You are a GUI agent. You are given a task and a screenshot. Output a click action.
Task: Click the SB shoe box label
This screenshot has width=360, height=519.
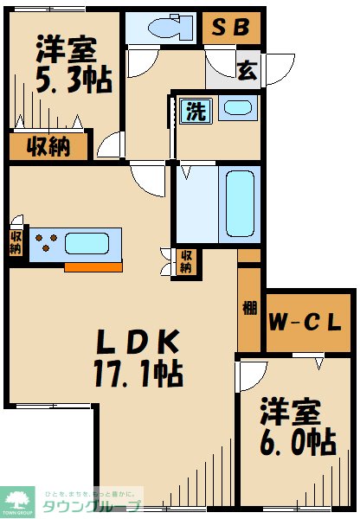coord(231,28)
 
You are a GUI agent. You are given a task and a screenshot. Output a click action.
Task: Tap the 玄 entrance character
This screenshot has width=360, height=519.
coord(246,68)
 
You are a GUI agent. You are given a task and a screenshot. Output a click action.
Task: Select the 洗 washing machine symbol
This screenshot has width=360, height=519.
coord(193,110)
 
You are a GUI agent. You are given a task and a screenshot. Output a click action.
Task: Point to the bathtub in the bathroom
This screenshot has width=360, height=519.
coord(239,205)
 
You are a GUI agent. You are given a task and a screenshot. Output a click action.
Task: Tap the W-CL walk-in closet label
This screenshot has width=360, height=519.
coord(308,322)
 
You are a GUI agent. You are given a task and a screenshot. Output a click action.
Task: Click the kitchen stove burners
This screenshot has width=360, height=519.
coord(47,245)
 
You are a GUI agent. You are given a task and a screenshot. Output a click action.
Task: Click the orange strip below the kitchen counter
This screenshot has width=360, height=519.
coord(93,266)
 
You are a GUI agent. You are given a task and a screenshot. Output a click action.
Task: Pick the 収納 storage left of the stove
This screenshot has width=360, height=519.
coord(16,241)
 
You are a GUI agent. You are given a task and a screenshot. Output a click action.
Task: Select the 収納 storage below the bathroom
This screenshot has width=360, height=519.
coord(185,262)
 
